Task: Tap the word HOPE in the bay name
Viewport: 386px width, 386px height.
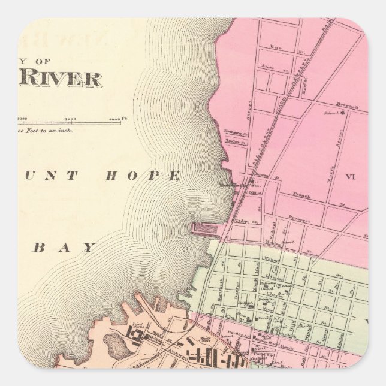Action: pyautogui.click(x=143, y=176)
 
